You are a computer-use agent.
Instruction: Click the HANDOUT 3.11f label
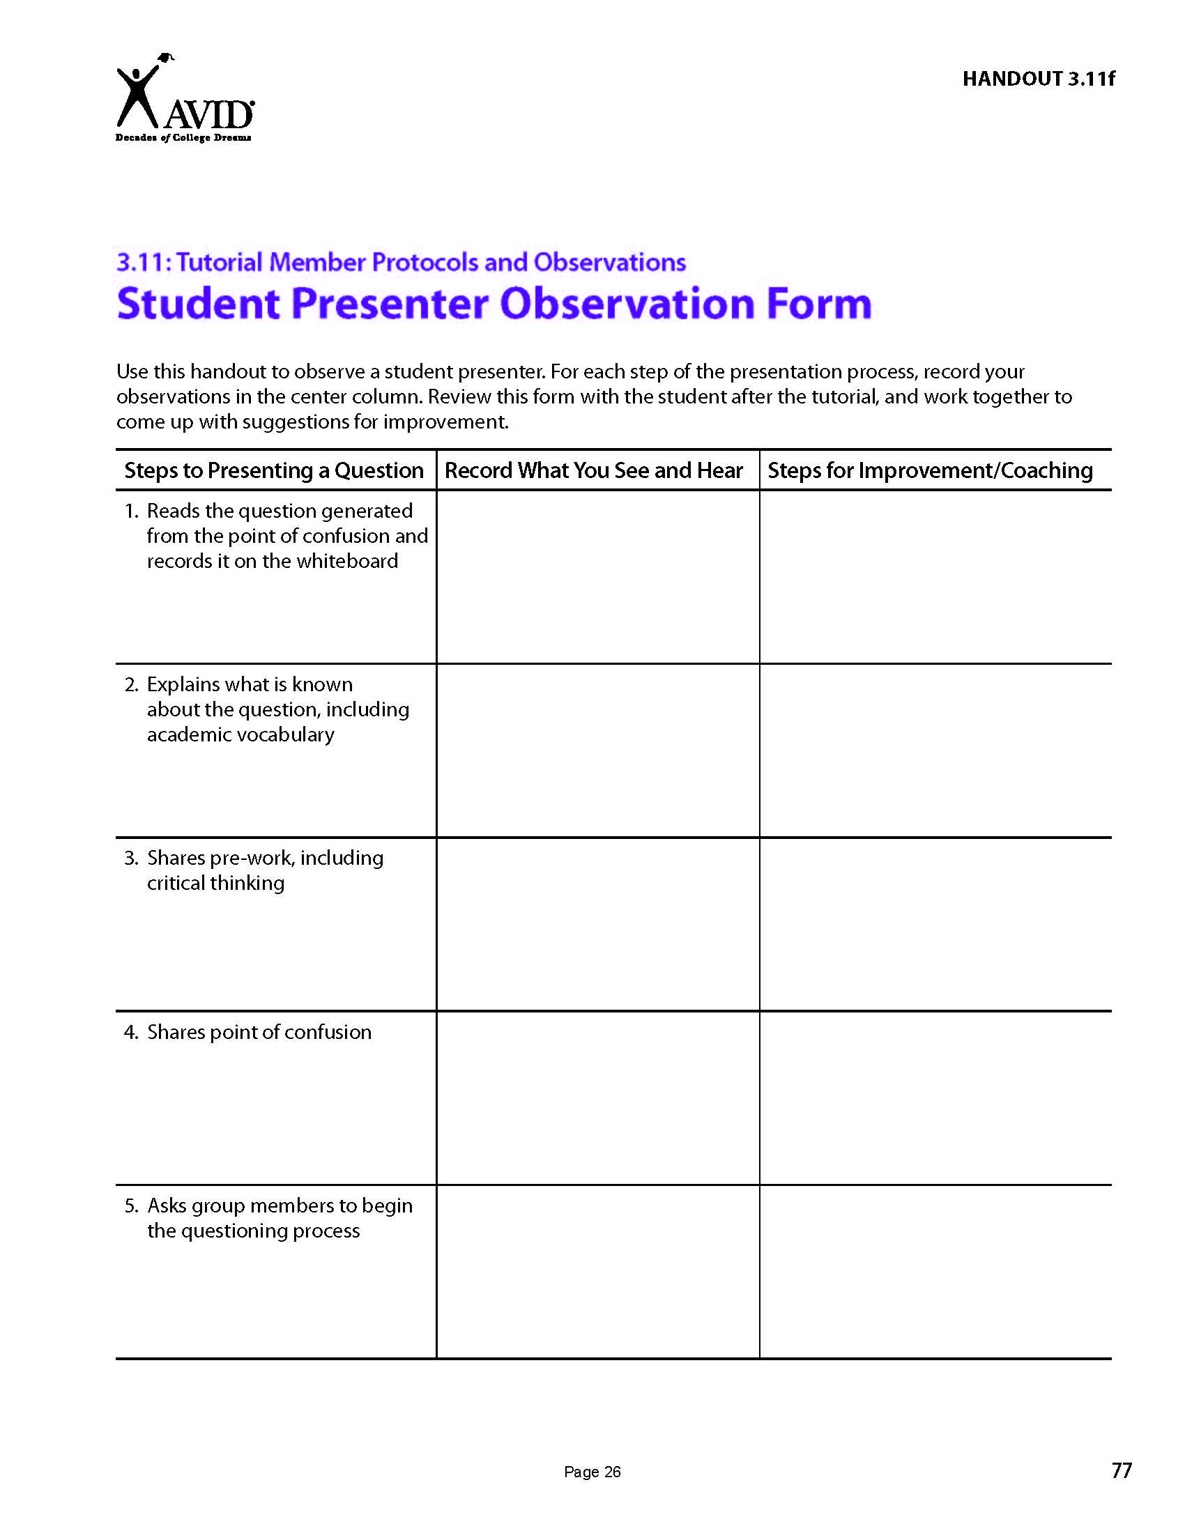1038,79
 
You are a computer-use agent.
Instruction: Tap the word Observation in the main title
627,304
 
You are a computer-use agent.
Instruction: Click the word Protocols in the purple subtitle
425,262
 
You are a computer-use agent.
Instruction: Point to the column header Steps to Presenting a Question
274,470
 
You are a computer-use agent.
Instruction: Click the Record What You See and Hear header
593,470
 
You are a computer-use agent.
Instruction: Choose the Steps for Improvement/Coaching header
929,470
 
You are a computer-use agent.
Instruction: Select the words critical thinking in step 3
215,883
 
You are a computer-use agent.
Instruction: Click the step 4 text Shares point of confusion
259,1032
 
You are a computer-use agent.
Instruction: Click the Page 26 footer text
592,1472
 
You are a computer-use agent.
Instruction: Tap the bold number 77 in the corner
1121,1470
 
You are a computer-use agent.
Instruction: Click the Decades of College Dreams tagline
183,137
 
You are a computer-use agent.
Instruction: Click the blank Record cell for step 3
597,924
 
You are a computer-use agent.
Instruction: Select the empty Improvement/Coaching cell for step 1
935,576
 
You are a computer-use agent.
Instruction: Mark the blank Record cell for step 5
597,1271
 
